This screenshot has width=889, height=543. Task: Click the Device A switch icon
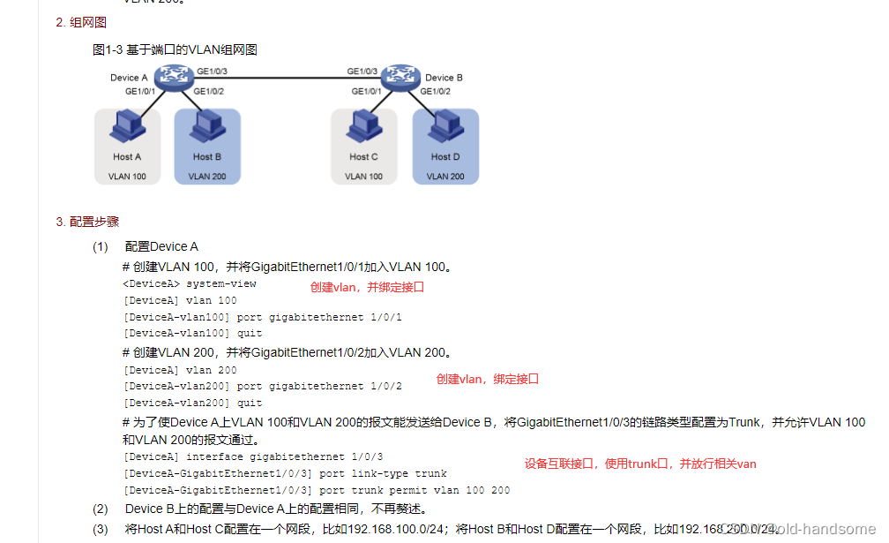tap(174, 78)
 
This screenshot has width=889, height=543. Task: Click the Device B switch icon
tap(403, 78)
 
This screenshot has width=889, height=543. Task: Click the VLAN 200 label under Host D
tap(445, 177)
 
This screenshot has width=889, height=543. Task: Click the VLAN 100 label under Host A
tap(127, 177)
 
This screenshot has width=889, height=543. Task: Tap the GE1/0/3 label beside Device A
tap(213, 71)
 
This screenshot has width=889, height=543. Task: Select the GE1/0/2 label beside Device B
tap(436, 91)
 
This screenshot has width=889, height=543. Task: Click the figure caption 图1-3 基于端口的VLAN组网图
tap(175, 50)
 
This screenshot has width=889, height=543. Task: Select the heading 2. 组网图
tap(81, 23)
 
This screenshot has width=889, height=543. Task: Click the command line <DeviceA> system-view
tap(190, 284)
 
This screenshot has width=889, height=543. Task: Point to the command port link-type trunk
tap(384, 474)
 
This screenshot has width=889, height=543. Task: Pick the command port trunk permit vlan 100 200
tap(415, 490)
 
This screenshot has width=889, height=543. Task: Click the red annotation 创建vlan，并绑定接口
tap(367, 287)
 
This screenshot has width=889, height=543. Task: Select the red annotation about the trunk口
tap(640, 464)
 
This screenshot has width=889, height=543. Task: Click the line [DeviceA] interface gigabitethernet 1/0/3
tap(253, 457)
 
